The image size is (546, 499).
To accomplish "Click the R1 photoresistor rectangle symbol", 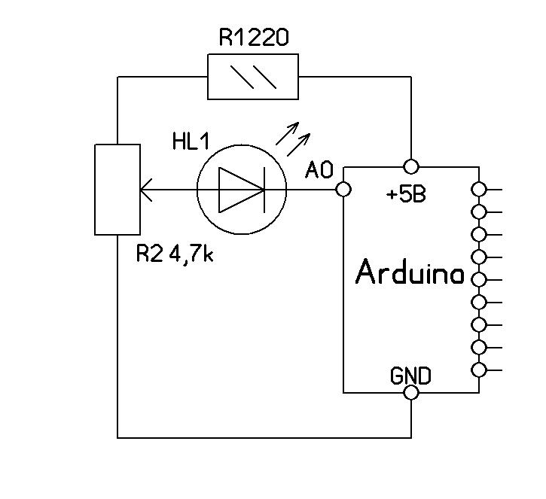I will point(253,77).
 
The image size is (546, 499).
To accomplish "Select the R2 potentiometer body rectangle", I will point(117,189).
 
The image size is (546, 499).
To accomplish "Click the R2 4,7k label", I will point(175,254).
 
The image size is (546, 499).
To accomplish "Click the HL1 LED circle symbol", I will point(242,190).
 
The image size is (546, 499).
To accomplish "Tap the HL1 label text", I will point(191,142).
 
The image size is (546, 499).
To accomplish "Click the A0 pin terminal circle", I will point(343,190).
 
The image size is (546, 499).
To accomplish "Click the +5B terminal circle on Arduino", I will point(411,166).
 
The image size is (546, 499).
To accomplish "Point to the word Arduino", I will point(409,273).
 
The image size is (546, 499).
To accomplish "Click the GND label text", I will point(410,375).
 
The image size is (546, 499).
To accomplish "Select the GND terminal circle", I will point(411,393).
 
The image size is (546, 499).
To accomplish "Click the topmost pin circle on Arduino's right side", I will point(478,189).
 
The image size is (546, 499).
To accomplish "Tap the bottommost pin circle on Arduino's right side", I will point(478,370).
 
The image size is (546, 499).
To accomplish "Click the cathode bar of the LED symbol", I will point(263,190).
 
